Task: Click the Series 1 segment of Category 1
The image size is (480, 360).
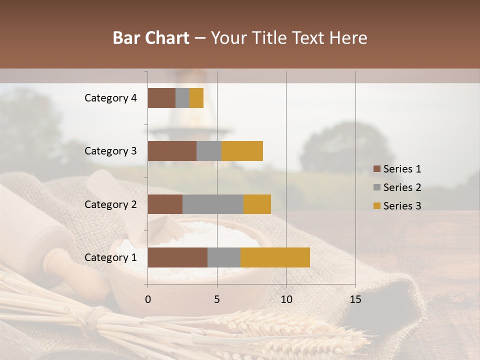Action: coord(177,257)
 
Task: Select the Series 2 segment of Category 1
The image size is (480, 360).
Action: coord(223,257)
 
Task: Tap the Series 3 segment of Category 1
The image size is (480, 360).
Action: coord(275,257)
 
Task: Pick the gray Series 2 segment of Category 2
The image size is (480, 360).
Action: coord(212,204)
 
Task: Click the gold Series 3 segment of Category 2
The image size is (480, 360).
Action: coord(257,204)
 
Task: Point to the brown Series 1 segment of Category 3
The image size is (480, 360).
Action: coord(171,151)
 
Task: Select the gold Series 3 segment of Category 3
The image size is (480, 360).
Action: coord(242,151)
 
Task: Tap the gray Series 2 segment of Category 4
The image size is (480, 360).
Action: coord(182,98)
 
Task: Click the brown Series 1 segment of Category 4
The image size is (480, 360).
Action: coord(161,98)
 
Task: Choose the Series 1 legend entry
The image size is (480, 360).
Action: coord(397,169)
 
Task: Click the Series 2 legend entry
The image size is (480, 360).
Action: coord(397,187)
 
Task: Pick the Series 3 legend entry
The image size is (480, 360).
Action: coord(397,206)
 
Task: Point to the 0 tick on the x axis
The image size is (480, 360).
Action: coord(148,299)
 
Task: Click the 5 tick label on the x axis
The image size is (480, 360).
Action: coord(217,299)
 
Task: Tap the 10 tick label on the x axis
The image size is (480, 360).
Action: coord(286,299)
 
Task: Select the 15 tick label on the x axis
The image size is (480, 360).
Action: coord(355,299)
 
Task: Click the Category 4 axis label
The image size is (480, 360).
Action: coord(110,98)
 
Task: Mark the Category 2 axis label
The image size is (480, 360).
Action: coord(110,204)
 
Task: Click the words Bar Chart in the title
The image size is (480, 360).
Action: coord(151,38)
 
